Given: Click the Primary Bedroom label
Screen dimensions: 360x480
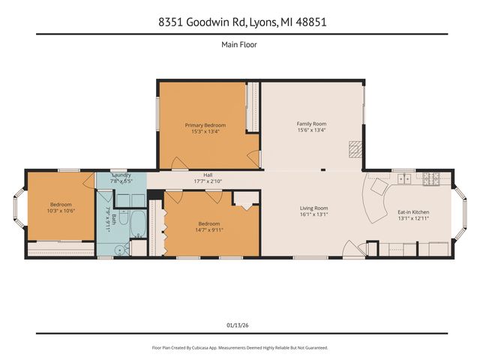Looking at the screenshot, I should (205, 125).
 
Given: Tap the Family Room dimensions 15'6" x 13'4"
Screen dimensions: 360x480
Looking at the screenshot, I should (311, 130).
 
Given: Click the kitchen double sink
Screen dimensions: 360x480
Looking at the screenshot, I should (404, 179).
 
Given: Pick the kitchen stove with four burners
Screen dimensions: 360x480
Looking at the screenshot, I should (432, 179).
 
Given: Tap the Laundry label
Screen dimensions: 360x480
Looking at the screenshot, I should (121, 175).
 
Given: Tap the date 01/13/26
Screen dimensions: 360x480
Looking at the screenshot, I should (239, 324).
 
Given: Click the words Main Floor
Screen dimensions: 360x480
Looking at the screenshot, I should (239, 44).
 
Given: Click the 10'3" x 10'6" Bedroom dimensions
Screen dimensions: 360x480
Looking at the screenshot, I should (61, 211).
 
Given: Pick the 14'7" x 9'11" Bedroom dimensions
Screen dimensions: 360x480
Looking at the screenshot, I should (209, 229).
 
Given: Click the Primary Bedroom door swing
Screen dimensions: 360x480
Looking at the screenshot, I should (178, 162).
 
